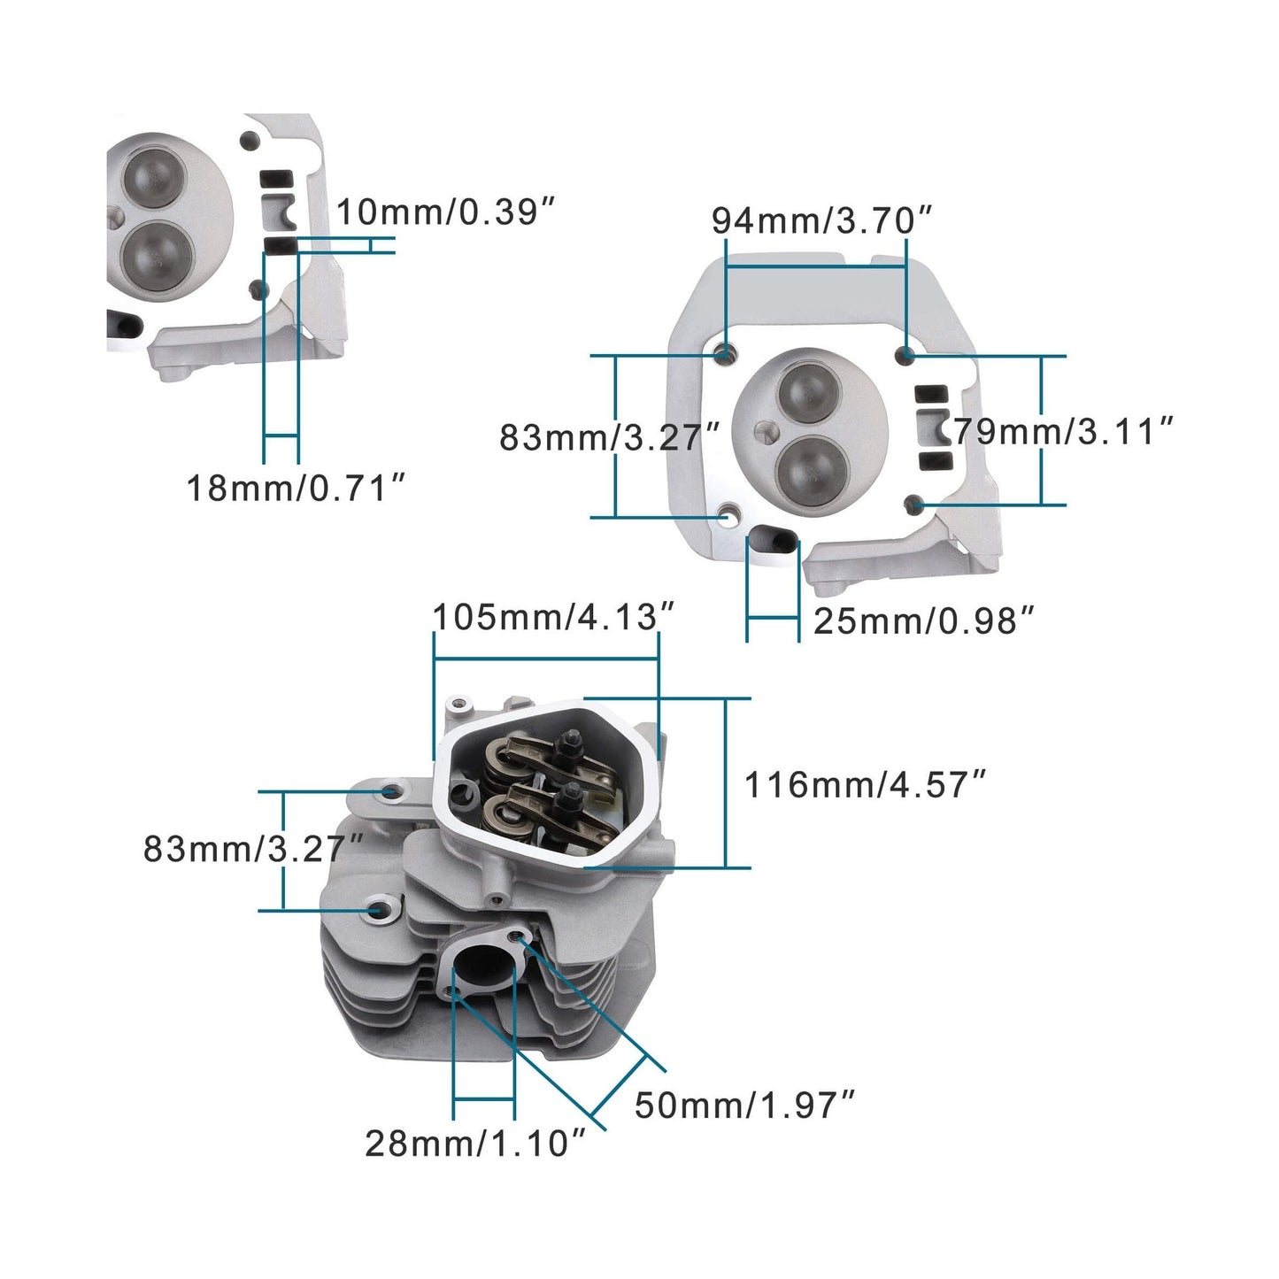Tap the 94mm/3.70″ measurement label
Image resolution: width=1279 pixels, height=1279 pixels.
[822, 220]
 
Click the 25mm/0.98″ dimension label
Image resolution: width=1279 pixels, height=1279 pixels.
[923, 621]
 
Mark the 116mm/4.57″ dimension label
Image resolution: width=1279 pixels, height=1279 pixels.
[865, 784]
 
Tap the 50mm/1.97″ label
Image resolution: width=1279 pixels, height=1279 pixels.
[744, 1105]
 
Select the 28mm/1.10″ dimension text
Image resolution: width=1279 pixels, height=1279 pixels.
[475, 1144]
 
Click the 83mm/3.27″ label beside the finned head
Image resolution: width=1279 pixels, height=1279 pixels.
[254, 849]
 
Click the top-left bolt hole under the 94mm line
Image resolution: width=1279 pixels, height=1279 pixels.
[726, 355]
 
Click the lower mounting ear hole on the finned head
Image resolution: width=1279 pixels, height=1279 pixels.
[375, 909]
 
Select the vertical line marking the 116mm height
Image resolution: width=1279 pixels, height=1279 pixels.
[726, 782]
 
